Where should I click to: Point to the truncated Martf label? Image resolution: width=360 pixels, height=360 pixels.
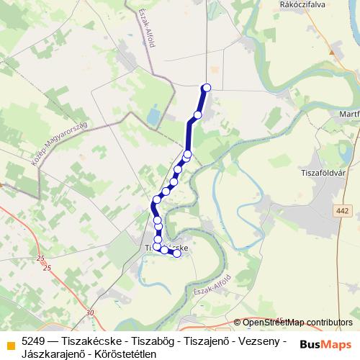click(348, 114)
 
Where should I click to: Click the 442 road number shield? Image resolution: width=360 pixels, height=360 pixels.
click(343, 211)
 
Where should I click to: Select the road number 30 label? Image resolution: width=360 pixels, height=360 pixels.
click(89, 312)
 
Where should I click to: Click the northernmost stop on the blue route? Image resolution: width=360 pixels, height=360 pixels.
click(207, 88)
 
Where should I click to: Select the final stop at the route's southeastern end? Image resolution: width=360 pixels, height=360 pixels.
click(177, 253)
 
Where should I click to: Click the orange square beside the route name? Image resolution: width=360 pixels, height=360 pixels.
click(10, 345)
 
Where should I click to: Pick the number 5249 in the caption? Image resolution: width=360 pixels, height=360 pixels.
click(35, 340)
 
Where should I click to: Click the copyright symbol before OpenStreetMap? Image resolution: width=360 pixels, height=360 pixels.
click(238, 323)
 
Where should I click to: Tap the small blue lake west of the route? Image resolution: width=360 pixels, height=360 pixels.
click(153, 115)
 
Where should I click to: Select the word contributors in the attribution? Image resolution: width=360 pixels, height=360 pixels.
click(328, 323)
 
